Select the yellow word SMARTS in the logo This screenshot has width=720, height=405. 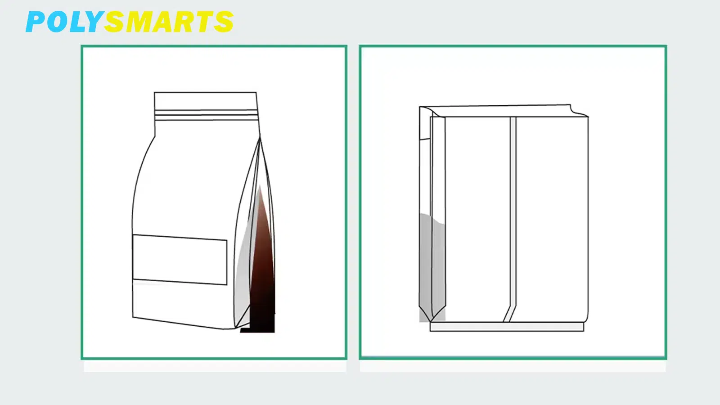(169, 22)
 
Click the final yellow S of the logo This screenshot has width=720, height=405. (223, 22)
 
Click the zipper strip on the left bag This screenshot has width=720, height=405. (206, 115)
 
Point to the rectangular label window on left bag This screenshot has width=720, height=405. (180, 260)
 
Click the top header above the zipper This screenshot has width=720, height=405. (205, 101)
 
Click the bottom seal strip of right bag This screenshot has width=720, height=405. (507, 327)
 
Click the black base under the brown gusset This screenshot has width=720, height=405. (258, 330)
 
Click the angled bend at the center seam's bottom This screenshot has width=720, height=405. (508, 313)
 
